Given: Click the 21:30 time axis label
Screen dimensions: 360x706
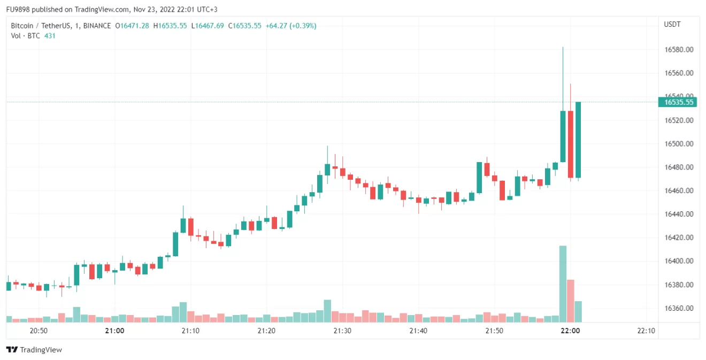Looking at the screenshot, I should click(342, 331).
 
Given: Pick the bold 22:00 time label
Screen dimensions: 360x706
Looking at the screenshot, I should click(570, 331).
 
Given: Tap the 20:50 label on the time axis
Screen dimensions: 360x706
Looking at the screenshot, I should click(39, 331).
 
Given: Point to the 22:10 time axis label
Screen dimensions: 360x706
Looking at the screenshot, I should click(646, 331).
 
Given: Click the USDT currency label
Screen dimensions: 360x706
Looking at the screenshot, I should click(672, 25).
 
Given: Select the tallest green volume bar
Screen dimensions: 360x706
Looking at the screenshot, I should click(563, 284).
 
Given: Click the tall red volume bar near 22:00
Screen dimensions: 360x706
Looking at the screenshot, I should click(571, 301).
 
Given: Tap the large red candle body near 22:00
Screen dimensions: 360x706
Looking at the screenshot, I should click(571, 144).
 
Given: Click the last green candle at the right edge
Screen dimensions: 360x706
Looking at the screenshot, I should click(578, 140).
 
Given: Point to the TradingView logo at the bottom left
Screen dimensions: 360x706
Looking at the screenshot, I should click(34, 350).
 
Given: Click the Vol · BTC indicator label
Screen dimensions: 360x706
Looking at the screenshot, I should click(26, 36).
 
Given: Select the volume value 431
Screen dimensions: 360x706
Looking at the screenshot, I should click(50, 36).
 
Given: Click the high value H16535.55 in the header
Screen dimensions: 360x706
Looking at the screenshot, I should click(170, 26).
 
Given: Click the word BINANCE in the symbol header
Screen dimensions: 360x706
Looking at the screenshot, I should click(97, 26).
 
